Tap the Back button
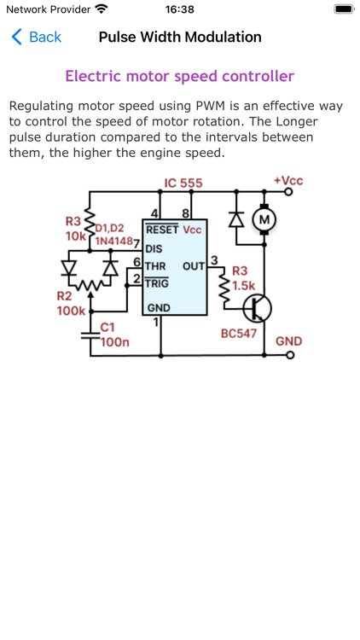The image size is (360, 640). coord(36,37)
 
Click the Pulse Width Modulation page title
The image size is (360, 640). coord(180,37)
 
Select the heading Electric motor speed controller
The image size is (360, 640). coord(180,76)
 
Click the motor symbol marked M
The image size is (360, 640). coord(264,220)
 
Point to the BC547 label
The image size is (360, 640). coord(239,333)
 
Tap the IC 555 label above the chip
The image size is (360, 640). coord(183,183)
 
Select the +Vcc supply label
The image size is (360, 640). coord(287,180)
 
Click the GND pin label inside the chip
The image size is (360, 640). coord(159,307)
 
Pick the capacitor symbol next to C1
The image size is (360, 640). coord(85,335)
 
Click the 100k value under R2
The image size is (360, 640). coord(71,311)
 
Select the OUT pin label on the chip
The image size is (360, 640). coord(194,266)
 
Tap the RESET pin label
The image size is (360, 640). coord(162,230)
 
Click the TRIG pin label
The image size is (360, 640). coord(157,283)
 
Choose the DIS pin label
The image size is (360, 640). coord(154,248)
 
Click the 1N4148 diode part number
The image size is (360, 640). coord(113,241)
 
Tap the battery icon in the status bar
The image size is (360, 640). coord(343,9)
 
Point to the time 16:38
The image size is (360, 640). coord(180,9)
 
